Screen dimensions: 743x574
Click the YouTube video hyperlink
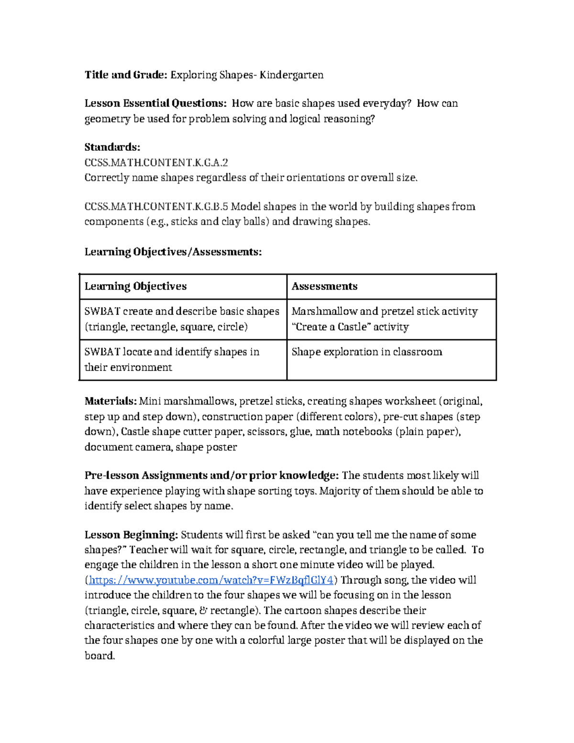pyautogui.click(x=210, y=580)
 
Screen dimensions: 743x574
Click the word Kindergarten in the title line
pyautogui.click(x=291, y=75)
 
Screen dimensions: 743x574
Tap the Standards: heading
pyautogui.click(x=112, y=147)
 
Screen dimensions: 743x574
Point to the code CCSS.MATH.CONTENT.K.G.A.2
pyautogui.click(x=156, y=162)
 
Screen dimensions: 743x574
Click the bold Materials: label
pyautogui.click(x=110, y=401)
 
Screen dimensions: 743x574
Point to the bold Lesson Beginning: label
pyautogui.click(x=131, y=534)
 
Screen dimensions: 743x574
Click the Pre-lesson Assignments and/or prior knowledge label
pyautogui.click(x=211, y=476)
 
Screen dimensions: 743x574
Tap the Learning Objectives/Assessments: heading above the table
pyautogui.click(x=173, y=252)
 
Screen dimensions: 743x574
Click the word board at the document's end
pyautogui.click(x=99, y=655)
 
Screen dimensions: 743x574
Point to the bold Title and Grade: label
pyautogui.click(x=126, y=75)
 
